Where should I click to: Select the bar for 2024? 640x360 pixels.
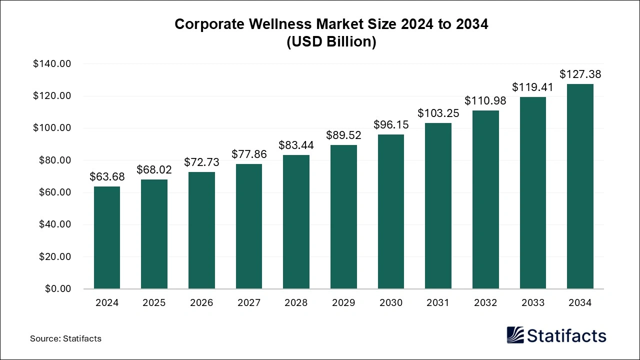[x=107, y=237]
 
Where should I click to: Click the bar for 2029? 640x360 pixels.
[x=343, y=216]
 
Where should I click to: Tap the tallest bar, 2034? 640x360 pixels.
[x=580, y=186]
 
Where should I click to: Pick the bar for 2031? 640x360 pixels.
[x=438, y=205]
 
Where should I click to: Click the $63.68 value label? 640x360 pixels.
[x=107, y=176]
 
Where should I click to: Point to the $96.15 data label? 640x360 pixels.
[x=391, y=124]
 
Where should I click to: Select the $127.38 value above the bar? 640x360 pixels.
[x=580, y=74]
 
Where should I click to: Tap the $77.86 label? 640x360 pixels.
[x=249, y=154]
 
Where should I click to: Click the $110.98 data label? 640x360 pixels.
[x=485, y=100]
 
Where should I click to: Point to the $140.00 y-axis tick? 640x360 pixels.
[x=52, y=64]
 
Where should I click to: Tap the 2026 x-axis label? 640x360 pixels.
[x=201, y=303]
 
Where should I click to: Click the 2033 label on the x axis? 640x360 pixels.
[x=532, y=303]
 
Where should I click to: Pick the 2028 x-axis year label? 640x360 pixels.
[x=296, y=303]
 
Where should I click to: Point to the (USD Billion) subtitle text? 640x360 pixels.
[x=331, y=42]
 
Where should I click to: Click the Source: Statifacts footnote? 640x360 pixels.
[x=65, y=338]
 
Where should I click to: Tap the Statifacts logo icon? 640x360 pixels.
[x=515, y=335]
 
